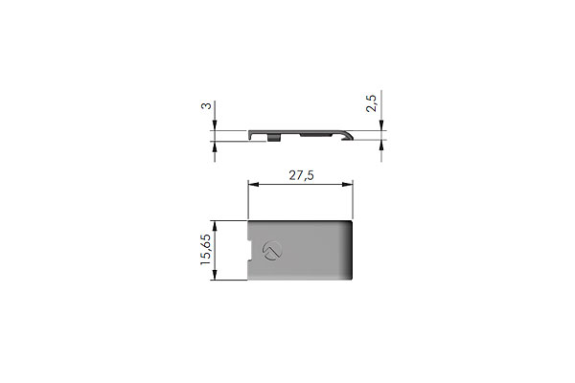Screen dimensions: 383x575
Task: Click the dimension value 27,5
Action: coord(302,175)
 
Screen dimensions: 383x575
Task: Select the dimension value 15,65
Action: coord(206,252)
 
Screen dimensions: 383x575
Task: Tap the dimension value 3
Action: coord(206,106)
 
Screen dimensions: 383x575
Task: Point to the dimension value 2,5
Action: coord(373,101)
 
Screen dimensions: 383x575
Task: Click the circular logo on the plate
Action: coord(271,252)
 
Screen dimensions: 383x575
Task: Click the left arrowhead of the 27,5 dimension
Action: coord(252,188)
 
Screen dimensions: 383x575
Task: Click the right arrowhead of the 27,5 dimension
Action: coord(352,188)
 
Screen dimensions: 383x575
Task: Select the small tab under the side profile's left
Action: coord(275,139)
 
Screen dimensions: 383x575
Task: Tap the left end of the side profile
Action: coord(251,137)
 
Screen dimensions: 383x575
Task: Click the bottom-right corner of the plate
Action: coord(354,280)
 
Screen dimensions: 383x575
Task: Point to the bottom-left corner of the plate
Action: coord(249,280)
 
